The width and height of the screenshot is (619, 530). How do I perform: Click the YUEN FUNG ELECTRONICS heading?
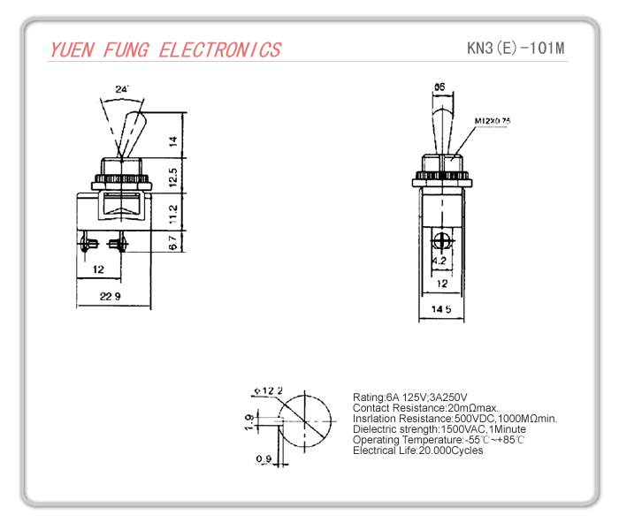pos(165,49)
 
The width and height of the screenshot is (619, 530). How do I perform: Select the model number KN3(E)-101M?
pos(516,48)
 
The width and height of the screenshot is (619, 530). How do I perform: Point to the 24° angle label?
pos(122,89)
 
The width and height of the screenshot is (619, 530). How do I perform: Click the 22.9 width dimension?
pos(111,296)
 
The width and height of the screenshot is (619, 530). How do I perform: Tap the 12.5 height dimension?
pos(174,175)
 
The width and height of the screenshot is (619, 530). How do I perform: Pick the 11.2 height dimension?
pos(174,212)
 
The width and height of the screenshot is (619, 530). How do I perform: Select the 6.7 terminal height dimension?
pos(174,240)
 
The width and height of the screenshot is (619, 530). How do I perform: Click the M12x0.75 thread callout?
pos(493,120)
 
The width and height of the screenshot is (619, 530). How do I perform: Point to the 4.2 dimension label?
pos(439,261)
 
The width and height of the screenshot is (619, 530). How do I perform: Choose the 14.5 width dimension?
pos(441,308)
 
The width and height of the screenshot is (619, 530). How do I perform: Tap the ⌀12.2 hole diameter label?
pos(268,390)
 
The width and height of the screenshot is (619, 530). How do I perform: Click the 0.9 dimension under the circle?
pos(263,458)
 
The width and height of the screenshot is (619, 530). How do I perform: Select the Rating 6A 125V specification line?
pos(409,397)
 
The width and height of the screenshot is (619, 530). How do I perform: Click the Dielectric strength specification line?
pos(439,429)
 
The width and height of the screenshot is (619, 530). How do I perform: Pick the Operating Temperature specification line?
pos(439,440)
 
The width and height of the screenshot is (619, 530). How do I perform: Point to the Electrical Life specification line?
pos(417,450)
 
